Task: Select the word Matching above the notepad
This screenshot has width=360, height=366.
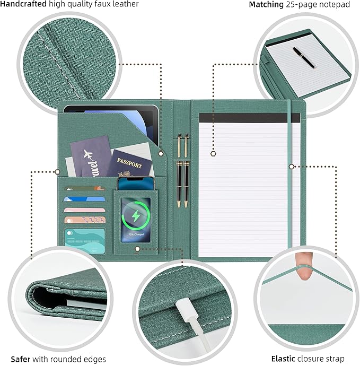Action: coord(267,4)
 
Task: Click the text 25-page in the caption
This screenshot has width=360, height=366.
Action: coord(299,4)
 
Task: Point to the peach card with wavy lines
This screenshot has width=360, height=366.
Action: coord(85,219)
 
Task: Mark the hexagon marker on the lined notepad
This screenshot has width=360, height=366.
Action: coord(213,154)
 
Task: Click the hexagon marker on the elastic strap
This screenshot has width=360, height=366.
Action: coord(291,166)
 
